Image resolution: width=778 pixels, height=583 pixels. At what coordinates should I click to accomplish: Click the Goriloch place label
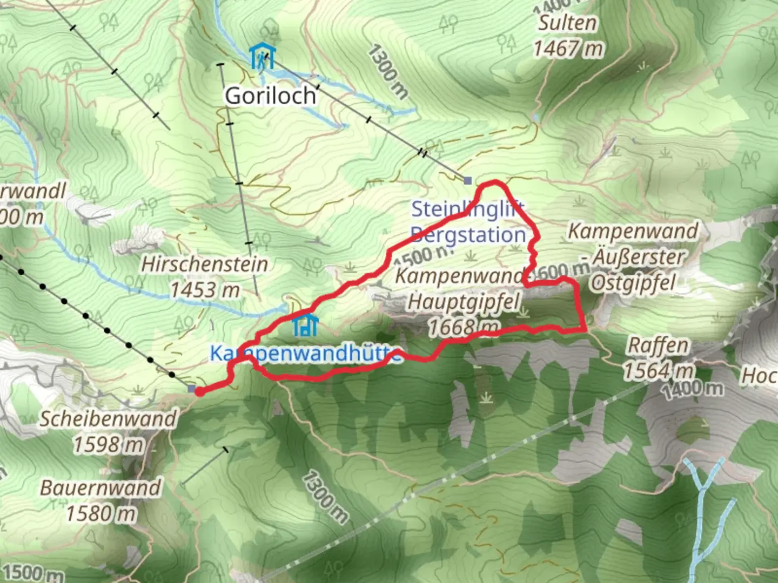270,96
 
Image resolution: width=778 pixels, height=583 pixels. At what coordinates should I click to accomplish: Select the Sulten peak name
567,23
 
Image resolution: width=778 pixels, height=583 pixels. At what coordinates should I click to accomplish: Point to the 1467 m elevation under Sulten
568,49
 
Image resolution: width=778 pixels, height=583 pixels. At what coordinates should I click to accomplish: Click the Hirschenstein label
205,264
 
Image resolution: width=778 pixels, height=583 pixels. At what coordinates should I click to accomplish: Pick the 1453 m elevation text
205,290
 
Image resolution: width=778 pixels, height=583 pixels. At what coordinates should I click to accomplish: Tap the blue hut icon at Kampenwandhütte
305,326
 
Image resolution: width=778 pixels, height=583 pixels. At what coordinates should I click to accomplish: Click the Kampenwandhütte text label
305,354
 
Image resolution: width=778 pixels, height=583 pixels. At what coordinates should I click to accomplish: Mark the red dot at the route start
199,391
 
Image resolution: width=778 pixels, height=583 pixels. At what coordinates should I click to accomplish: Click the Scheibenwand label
108,419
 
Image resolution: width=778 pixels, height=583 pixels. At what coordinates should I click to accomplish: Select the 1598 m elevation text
108,445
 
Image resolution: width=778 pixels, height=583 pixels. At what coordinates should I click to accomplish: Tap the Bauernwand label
100,488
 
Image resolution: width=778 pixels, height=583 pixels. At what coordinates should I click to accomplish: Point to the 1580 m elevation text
100,513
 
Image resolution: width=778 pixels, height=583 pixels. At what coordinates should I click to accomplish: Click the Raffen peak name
658,345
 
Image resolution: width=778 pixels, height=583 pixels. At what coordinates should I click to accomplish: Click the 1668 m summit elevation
464,326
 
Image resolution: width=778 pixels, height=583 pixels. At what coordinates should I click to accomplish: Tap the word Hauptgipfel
464,301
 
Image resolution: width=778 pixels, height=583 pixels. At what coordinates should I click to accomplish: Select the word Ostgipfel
632,282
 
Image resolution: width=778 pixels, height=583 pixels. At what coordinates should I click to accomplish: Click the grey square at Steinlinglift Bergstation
468,180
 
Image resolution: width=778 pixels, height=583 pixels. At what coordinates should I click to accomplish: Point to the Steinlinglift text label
468,209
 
